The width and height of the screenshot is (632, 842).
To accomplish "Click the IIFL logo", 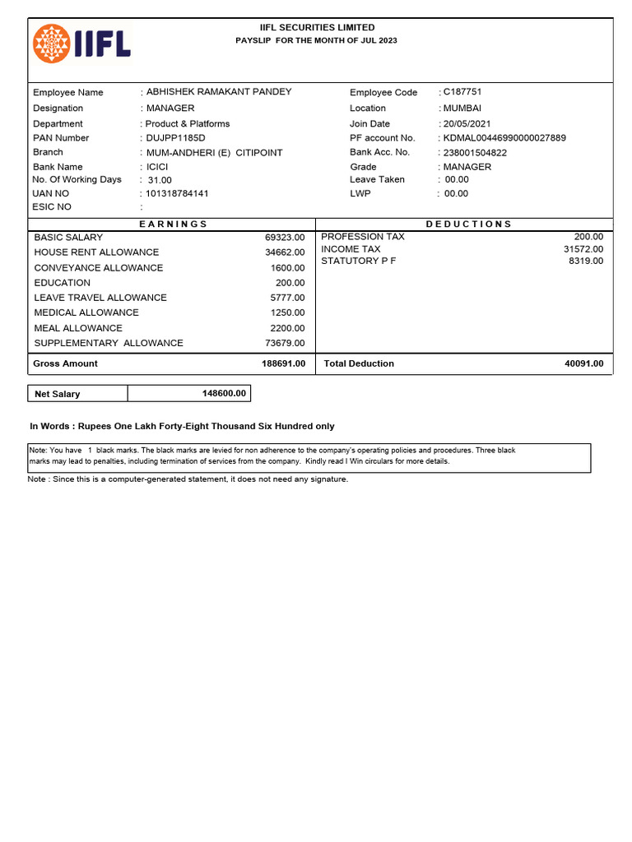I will click(x=81, y=44).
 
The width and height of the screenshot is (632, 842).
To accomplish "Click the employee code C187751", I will click(x=462, y=92).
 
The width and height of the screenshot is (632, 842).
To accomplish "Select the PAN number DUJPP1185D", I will click(x=175, y=138).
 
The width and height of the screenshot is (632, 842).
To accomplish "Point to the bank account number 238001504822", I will click(x=475, y=153).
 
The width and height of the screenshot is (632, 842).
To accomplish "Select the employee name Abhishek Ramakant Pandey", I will click(x=218, y=92).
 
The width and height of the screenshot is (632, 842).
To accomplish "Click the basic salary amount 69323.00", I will click(x=285, y=238).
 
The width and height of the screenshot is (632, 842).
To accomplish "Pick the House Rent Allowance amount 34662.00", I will click(x=285, y=252).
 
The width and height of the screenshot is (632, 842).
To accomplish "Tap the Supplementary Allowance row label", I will click(x=109, y=343).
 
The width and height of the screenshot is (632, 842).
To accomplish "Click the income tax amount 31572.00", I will click(x=583, y=249).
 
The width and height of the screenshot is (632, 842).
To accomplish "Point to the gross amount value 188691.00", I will click(x=283, y=363).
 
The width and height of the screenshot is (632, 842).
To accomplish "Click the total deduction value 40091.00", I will click(x=583, y=363).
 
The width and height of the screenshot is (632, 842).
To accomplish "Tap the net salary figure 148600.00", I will click(x=224, y=394).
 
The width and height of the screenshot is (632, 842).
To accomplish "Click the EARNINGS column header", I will click(x=173, y=224).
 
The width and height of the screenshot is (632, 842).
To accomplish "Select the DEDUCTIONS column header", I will click(x=468, y=224).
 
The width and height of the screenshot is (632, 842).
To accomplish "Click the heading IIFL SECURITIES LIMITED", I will click(x=317, y=28).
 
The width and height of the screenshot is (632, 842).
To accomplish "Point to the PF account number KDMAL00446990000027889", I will click(x=504, y=138).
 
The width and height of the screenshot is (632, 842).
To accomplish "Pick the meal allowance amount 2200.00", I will click(x=287, y=328).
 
